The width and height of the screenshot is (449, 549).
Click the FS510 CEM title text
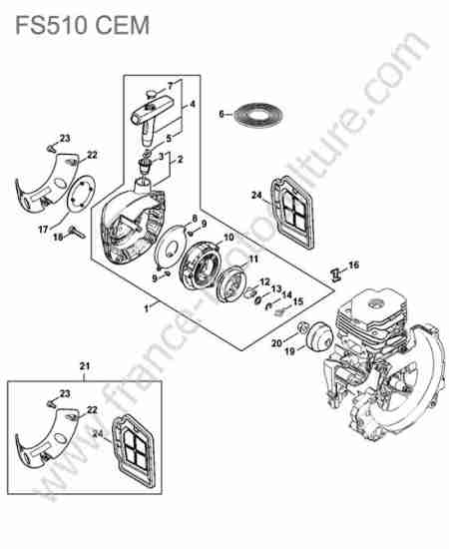click(x=83, y=25)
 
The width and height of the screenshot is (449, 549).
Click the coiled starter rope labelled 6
click(x=258, y=115)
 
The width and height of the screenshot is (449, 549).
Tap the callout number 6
click(x=222, y=114)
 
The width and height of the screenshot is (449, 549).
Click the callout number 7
click(x=171, y=86)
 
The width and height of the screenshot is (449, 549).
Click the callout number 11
click(x=253, y=260)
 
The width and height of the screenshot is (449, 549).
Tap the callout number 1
click(x=147, y=308)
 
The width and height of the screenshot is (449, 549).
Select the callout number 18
click(x=58, y=238)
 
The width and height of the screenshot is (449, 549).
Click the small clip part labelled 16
click(x=336, y=274)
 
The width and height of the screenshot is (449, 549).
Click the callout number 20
click(x=276, y=343)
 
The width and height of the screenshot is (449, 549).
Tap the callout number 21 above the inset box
click(x=85, y=366)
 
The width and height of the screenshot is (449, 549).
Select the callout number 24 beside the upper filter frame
click(x=256, y=195)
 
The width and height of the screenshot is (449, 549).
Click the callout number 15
click(x=298, y=300)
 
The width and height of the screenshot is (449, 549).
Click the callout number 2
click(x=181, y=160)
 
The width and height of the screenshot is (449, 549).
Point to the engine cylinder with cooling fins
click(x=371, y=315)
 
